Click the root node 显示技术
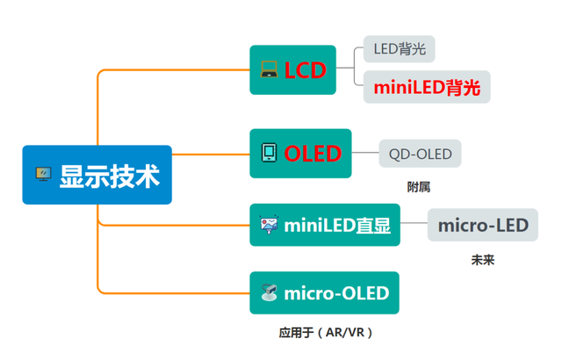(x=97, y=175)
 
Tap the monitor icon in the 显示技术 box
(x=41, y=175)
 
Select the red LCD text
(x=305, y=70)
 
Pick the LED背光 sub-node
(x=399, y=49)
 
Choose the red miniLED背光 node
(x=426, y=87)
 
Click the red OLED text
(x=312, y=154)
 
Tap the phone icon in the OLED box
(x=269, y=154)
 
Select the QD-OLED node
(x=420, y=155)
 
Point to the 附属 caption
(x=418, y=187)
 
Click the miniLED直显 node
(x=325, y=225)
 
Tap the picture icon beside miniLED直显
(x=269, y=225)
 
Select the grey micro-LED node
(x=482, y=225)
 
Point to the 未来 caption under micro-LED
(x=482, y=260)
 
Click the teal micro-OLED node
(x=324, y=293)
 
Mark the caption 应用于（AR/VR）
(x=326, y=333)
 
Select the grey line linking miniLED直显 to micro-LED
(x=413, y=225)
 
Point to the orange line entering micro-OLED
(x=176, y=293)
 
